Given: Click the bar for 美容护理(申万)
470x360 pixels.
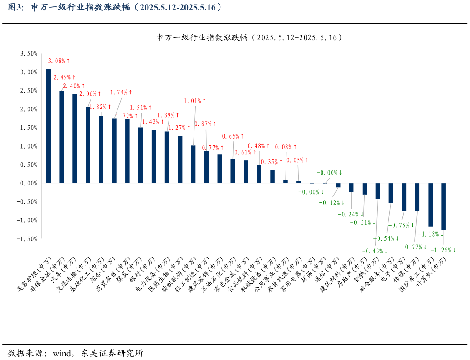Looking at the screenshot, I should pos(48,126).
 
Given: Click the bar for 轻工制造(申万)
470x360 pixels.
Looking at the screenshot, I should pos(193,164).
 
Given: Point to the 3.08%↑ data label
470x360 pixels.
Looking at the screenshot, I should pos(59,61).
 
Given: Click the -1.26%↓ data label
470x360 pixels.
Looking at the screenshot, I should pos(443,250).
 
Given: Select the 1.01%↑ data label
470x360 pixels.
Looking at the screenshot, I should pos(195,101).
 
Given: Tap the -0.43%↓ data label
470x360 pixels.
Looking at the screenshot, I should pos(374,251).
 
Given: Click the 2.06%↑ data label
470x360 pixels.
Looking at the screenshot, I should pos(90,94).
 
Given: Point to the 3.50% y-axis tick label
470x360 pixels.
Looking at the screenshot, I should pos(29,53).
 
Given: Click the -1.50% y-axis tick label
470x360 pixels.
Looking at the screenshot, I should pos(27,238).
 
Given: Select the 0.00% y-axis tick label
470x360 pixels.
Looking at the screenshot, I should pos(29,183).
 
